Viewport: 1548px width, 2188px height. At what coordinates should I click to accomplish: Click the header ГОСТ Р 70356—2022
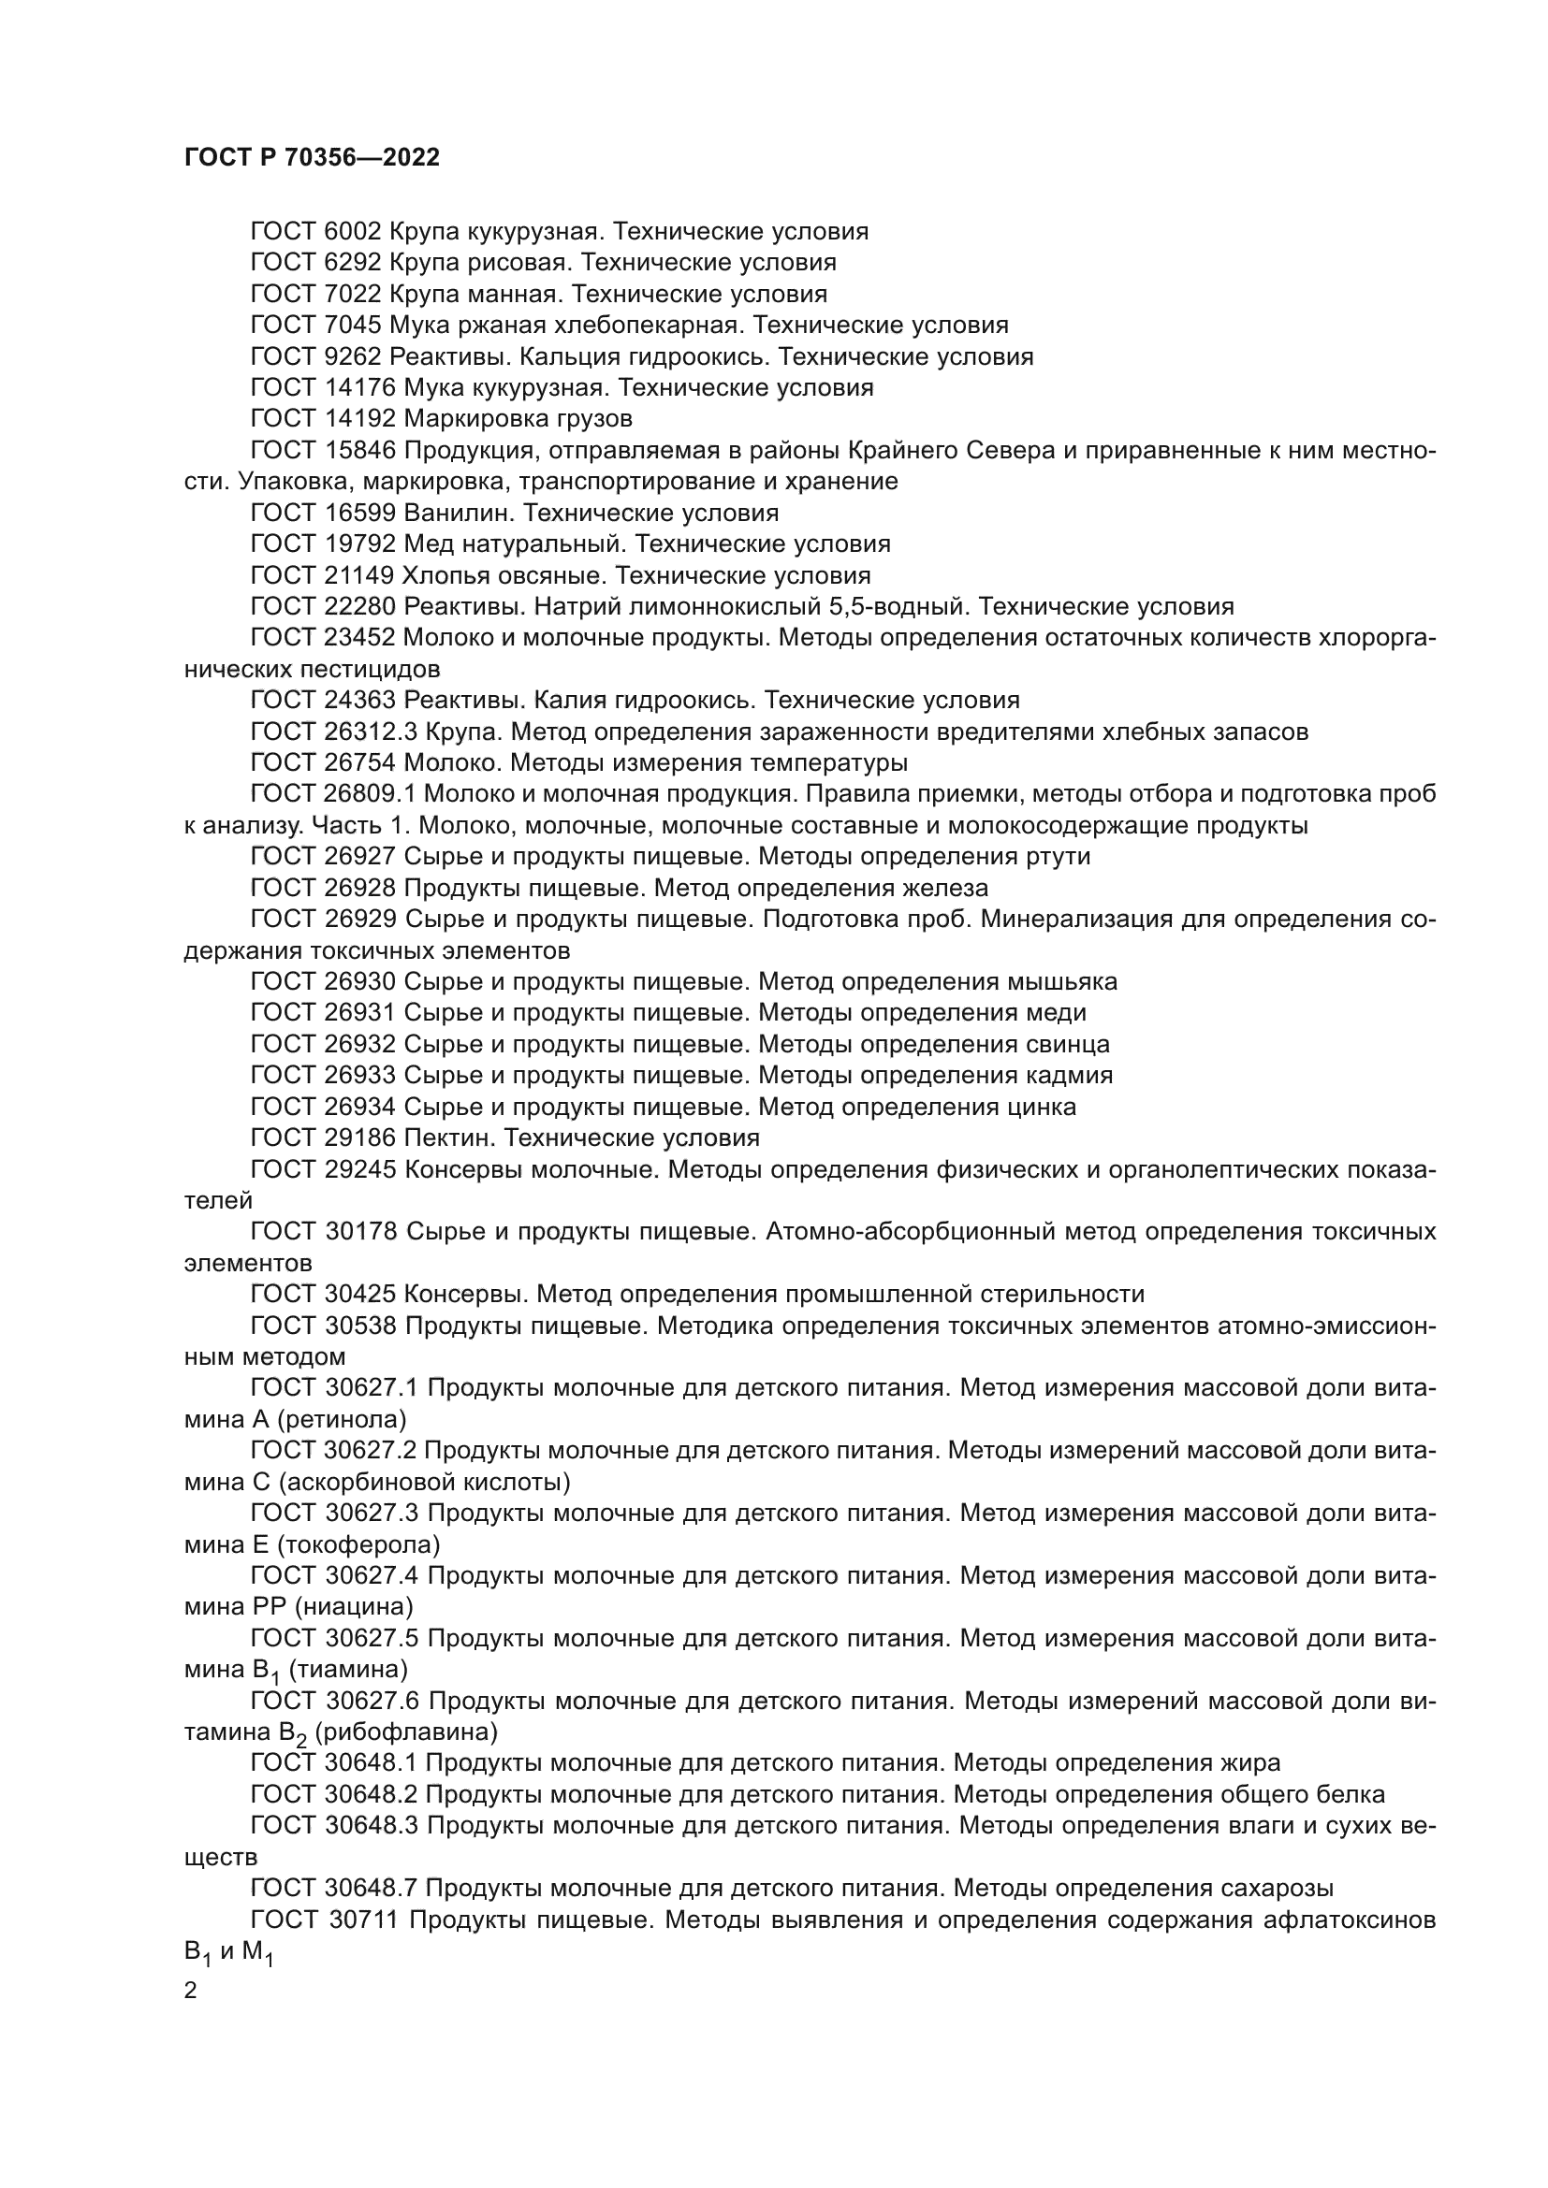(x=312, y=158)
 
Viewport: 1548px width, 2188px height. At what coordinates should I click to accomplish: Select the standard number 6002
(x=353, y=232)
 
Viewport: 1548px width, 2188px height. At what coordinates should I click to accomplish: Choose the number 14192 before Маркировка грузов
(x=360, y=418)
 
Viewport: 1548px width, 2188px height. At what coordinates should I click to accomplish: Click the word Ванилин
(x=460, y=513)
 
